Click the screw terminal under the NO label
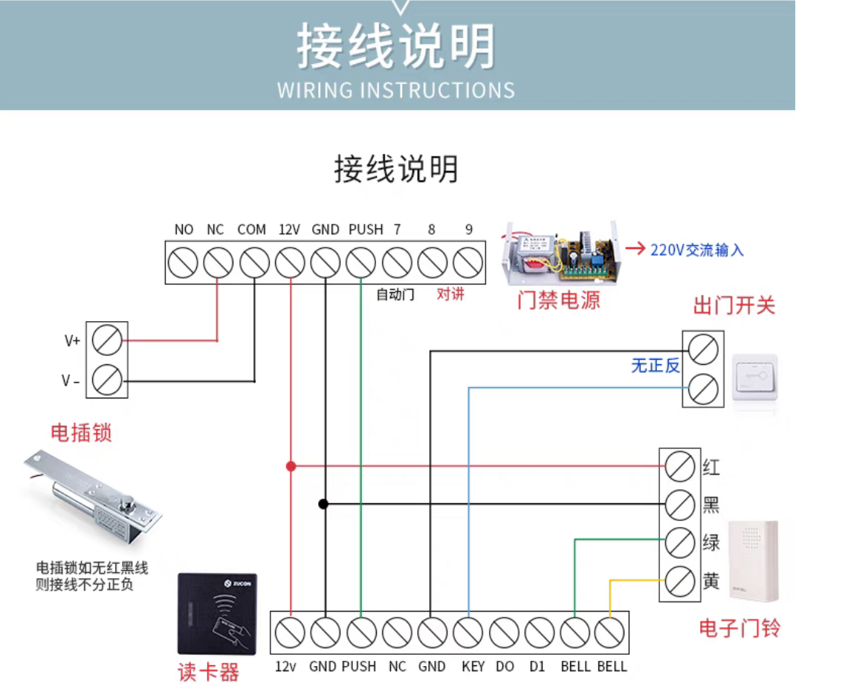click(x=183, y=262)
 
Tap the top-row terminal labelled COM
click(x=254, y=262)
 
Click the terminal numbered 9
click(x=468, y=262)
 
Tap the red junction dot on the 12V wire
click(x=291, y=466)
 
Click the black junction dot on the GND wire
click(x=323, y=504)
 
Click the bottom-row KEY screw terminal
click(x=468, y=633)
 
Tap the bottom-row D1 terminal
click(x=539, y=633)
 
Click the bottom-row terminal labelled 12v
click(x=290, y=633)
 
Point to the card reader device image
click(x=217, y=614)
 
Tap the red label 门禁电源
click(x=559, y=300)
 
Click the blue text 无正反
click(x=656, y=366)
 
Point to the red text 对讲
click(x=450, y=294)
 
